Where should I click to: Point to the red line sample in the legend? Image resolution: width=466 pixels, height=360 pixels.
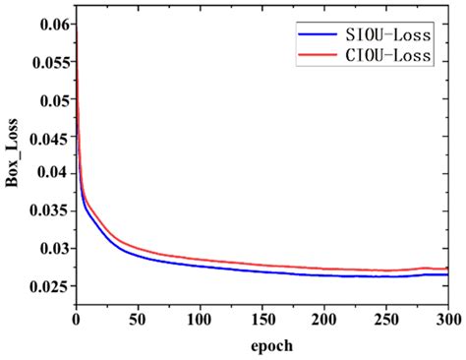coord(319,57)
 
